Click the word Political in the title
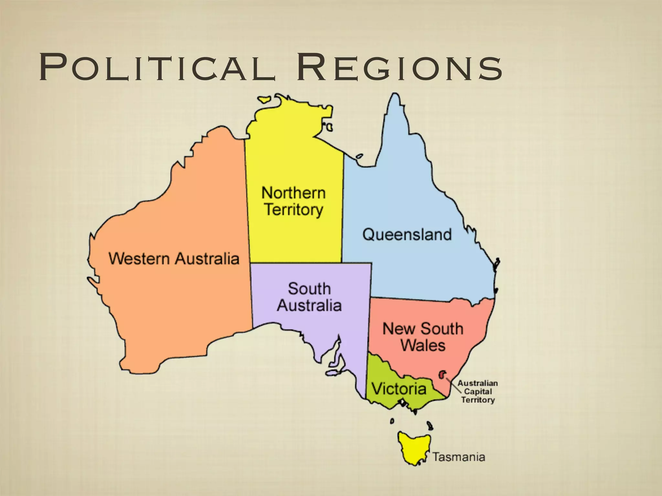157,68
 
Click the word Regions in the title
400,68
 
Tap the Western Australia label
174,259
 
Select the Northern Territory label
294,201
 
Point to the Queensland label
407,234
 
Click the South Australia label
309,297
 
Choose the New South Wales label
423,337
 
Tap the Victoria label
399,388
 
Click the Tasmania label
459,457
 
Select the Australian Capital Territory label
478,391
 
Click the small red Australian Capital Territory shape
442,375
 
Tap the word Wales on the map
423,345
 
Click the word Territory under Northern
294,210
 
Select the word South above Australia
309,288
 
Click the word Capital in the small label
478,391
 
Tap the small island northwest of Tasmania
392,421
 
